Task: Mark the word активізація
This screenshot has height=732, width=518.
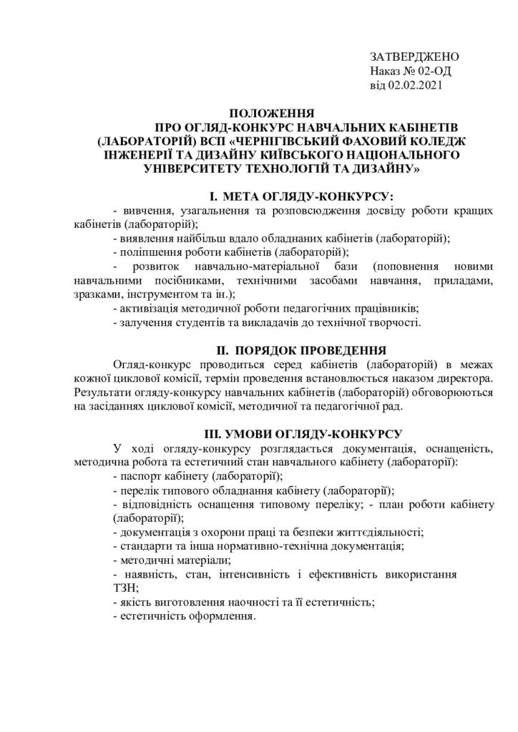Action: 150,309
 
